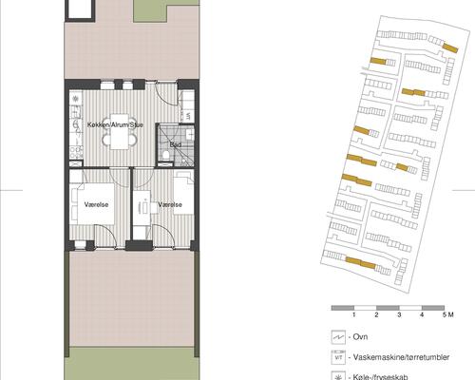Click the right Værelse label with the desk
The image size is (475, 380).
(x=171, y=203)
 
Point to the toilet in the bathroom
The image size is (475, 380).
(x=167, y=156)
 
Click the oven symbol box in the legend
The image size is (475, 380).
(x=337, y=337)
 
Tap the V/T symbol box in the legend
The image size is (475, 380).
(x=337, y=358)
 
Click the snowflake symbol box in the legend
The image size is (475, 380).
(x=337, y=376)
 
